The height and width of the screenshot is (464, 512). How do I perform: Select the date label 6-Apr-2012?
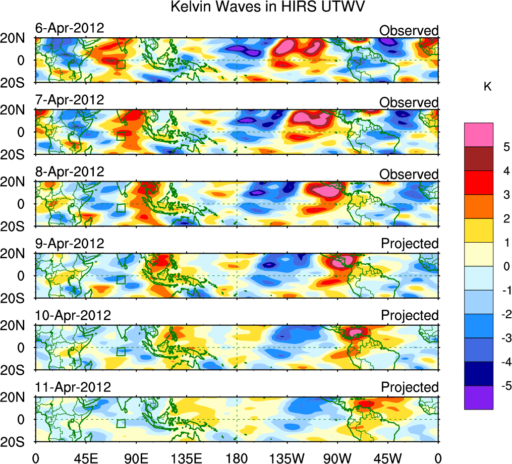pyautogui.click(x=70, y=28)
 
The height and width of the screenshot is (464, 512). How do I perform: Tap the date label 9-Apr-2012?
pyautogui.click(x=70, y=244)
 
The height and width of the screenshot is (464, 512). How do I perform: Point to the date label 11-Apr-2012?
pyautogui.click(x=73, y=387)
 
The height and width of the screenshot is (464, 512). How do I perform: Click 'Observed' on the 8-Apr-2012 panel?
pyautogui.click(x=409, y=175)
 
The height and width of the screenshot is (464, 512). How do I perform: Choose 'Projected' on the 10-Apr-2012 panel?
pyautogui.click(x=410, y=315)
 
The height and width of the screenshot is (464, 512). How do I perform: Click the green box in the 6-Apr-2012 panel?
pyautogui.click(x=121, y=64)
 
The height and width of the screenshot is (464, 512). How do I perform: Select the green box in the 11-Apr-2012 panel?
pyautogui.click(x=121, y=424)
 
